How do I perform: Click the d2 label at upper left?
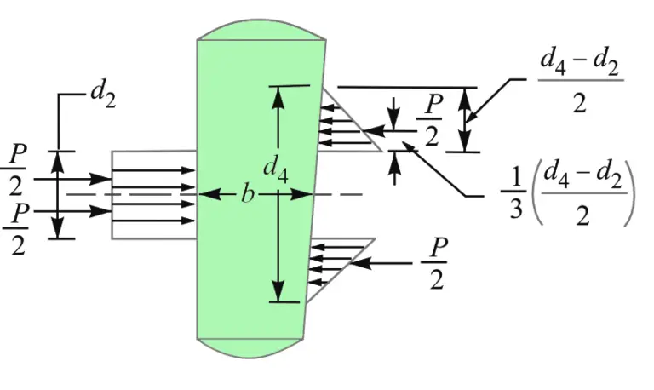(x=102, y=94)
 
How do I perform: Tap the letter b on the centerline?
(x=247, y=195)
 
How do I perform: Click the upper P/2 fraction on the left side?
(x=16, y=167)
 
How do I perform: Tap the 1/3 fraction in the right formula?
(x=516, y=195)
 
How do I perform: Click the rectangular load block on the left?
(x=153, y=195)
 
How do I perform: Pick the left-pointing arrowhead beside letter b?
(x=205, y=195)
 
